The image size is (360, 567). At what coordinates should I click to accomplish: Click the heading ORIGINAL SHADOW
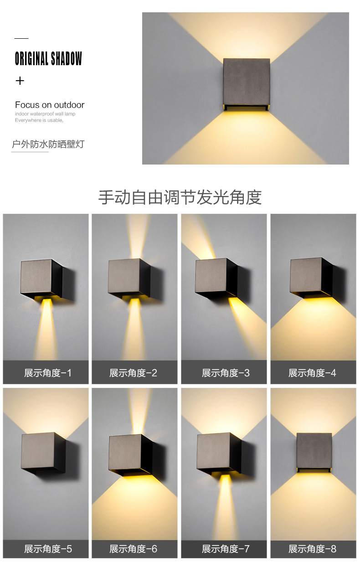click(48, 58)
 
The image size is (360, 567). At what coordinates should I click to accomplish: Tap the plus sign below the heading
click(20, 81)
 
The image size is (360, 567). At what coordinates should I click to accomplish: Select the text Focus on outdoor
click(50, 105)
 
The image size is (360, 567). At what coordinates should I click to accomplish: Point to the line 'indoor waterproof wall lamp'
click(45, 114)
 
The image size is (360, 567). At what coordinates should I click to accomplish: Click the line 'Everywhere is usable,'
click(39, 120)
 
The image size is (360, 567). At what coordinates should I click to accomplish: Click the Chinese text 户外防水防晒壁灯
click(48, 144)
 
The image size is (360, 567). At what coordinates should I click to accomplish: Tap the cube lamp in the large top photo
click(247, 84)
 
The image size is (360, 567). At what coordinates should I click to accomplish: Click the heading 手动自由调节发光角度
click(180, 197)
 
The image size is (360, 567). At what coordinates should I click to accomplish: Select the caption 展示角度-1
click(48, 373)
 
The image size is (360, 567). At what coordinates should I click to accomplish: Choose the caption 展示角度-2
click(134, 373)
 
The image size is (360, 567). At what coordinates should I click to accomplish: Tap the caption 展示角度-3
click(226, 373)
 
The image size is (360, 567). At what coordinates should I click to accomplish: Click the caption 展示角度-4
click(312, 373)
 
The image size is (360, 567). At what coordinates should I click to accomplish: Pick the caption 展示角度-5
click(48, 549)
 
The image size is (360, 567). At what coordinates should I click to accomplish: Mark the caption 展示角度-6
click(134, 549)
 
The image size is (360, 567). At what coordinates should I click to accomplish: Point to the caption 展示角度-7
click(226, 549)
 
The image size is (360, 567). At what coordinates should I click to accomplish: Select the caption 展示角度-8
click(313, 549)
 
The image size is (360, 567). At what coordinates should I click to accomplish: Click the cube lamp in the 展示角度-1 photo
click(41, 279)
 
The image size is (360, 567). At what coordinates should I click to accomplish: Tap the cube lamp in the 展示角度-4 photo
click(311, 278)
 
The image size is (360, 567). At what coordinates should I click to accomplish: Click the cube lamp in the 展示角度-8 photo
click(314, 452)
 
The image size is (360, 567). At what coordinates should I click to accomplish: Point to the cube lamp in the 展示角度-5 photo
click(43, 453)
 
